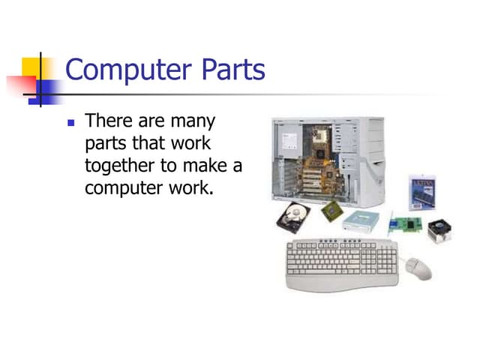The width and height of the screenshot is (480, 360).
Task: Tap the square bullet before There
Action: (72, 121)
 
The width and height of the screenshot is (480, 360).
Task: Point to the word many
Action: (193, 120)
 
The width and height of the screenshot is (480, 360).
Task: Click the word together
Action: (120, 164)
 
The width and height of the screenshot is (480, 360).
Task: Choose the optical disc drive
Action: (363, 219)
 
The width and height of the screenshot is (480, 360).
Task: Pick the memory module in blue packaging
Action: (422, 193)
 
